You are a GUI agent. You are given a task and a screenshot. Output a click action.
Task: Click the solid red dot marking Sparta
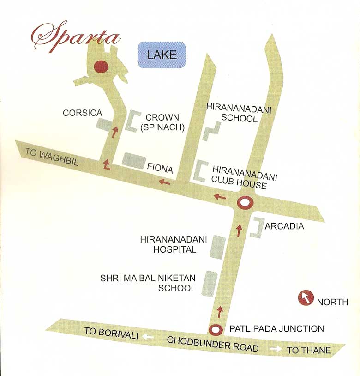coord(101,67)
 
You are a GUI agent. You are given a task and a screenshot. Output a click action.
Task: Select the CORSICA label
coord(82,113)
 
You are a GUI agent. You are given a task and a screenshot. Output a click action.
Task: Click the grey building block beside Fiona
coord(134,160)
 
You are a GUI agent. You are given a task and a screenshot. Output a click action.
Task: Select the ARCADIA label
coord(284,226)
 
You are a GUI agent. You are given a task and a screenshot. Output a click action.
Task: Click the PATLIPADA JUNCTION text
coord(276,329)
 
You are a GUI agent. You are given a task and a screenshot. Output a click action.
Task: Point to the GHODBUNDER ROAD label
coord(213,344)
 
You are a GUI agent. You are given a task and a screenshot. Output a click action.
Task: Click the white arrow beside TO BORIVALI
coord(148,337)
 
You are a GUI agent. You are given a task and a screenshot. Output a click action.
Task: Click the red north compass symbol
coord(305,298)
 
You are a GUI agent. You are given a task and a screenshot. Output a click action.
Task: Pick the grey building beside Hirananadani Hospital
coord(217,247)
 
